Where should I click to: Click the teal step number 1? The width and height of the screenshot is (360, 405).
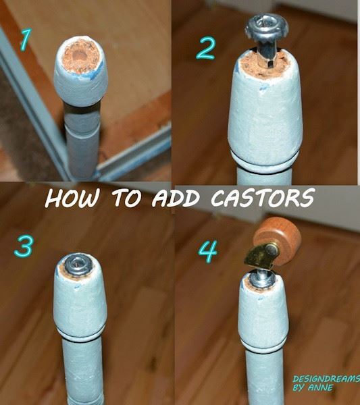(x=26, y=39)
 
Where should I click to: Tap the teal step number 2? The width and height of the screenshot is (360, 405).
(x=205, y=48)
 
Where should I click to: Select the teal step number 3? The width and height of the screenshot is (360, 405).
(x=24, y=246)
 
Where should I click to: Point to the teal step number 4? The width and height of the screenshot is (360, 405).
(x=208, y=251)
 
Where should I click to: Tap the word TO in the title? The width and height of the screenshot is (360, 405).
(x=126, y=198)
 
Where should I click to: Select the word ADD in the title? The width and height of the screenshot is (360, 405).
(x=176, y=198)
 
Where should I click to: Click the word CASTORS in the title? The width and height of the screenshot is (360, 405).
(x=263, y=198)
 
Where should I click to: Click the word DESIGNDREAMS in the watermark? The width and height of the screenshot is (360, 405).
(x=326, y=379)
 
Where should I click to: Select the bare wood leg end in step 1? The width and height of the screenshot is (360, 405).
(x=80, y=57)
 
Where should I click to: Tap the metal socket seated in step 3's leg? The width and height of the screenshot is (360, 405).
(x=78, y=265)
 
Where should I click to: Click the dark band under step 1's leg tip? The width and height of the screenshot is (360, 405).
(x=82, y=109)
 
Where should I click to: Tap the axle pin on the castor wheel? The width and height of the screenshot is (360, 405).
(x=272, y=248)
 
